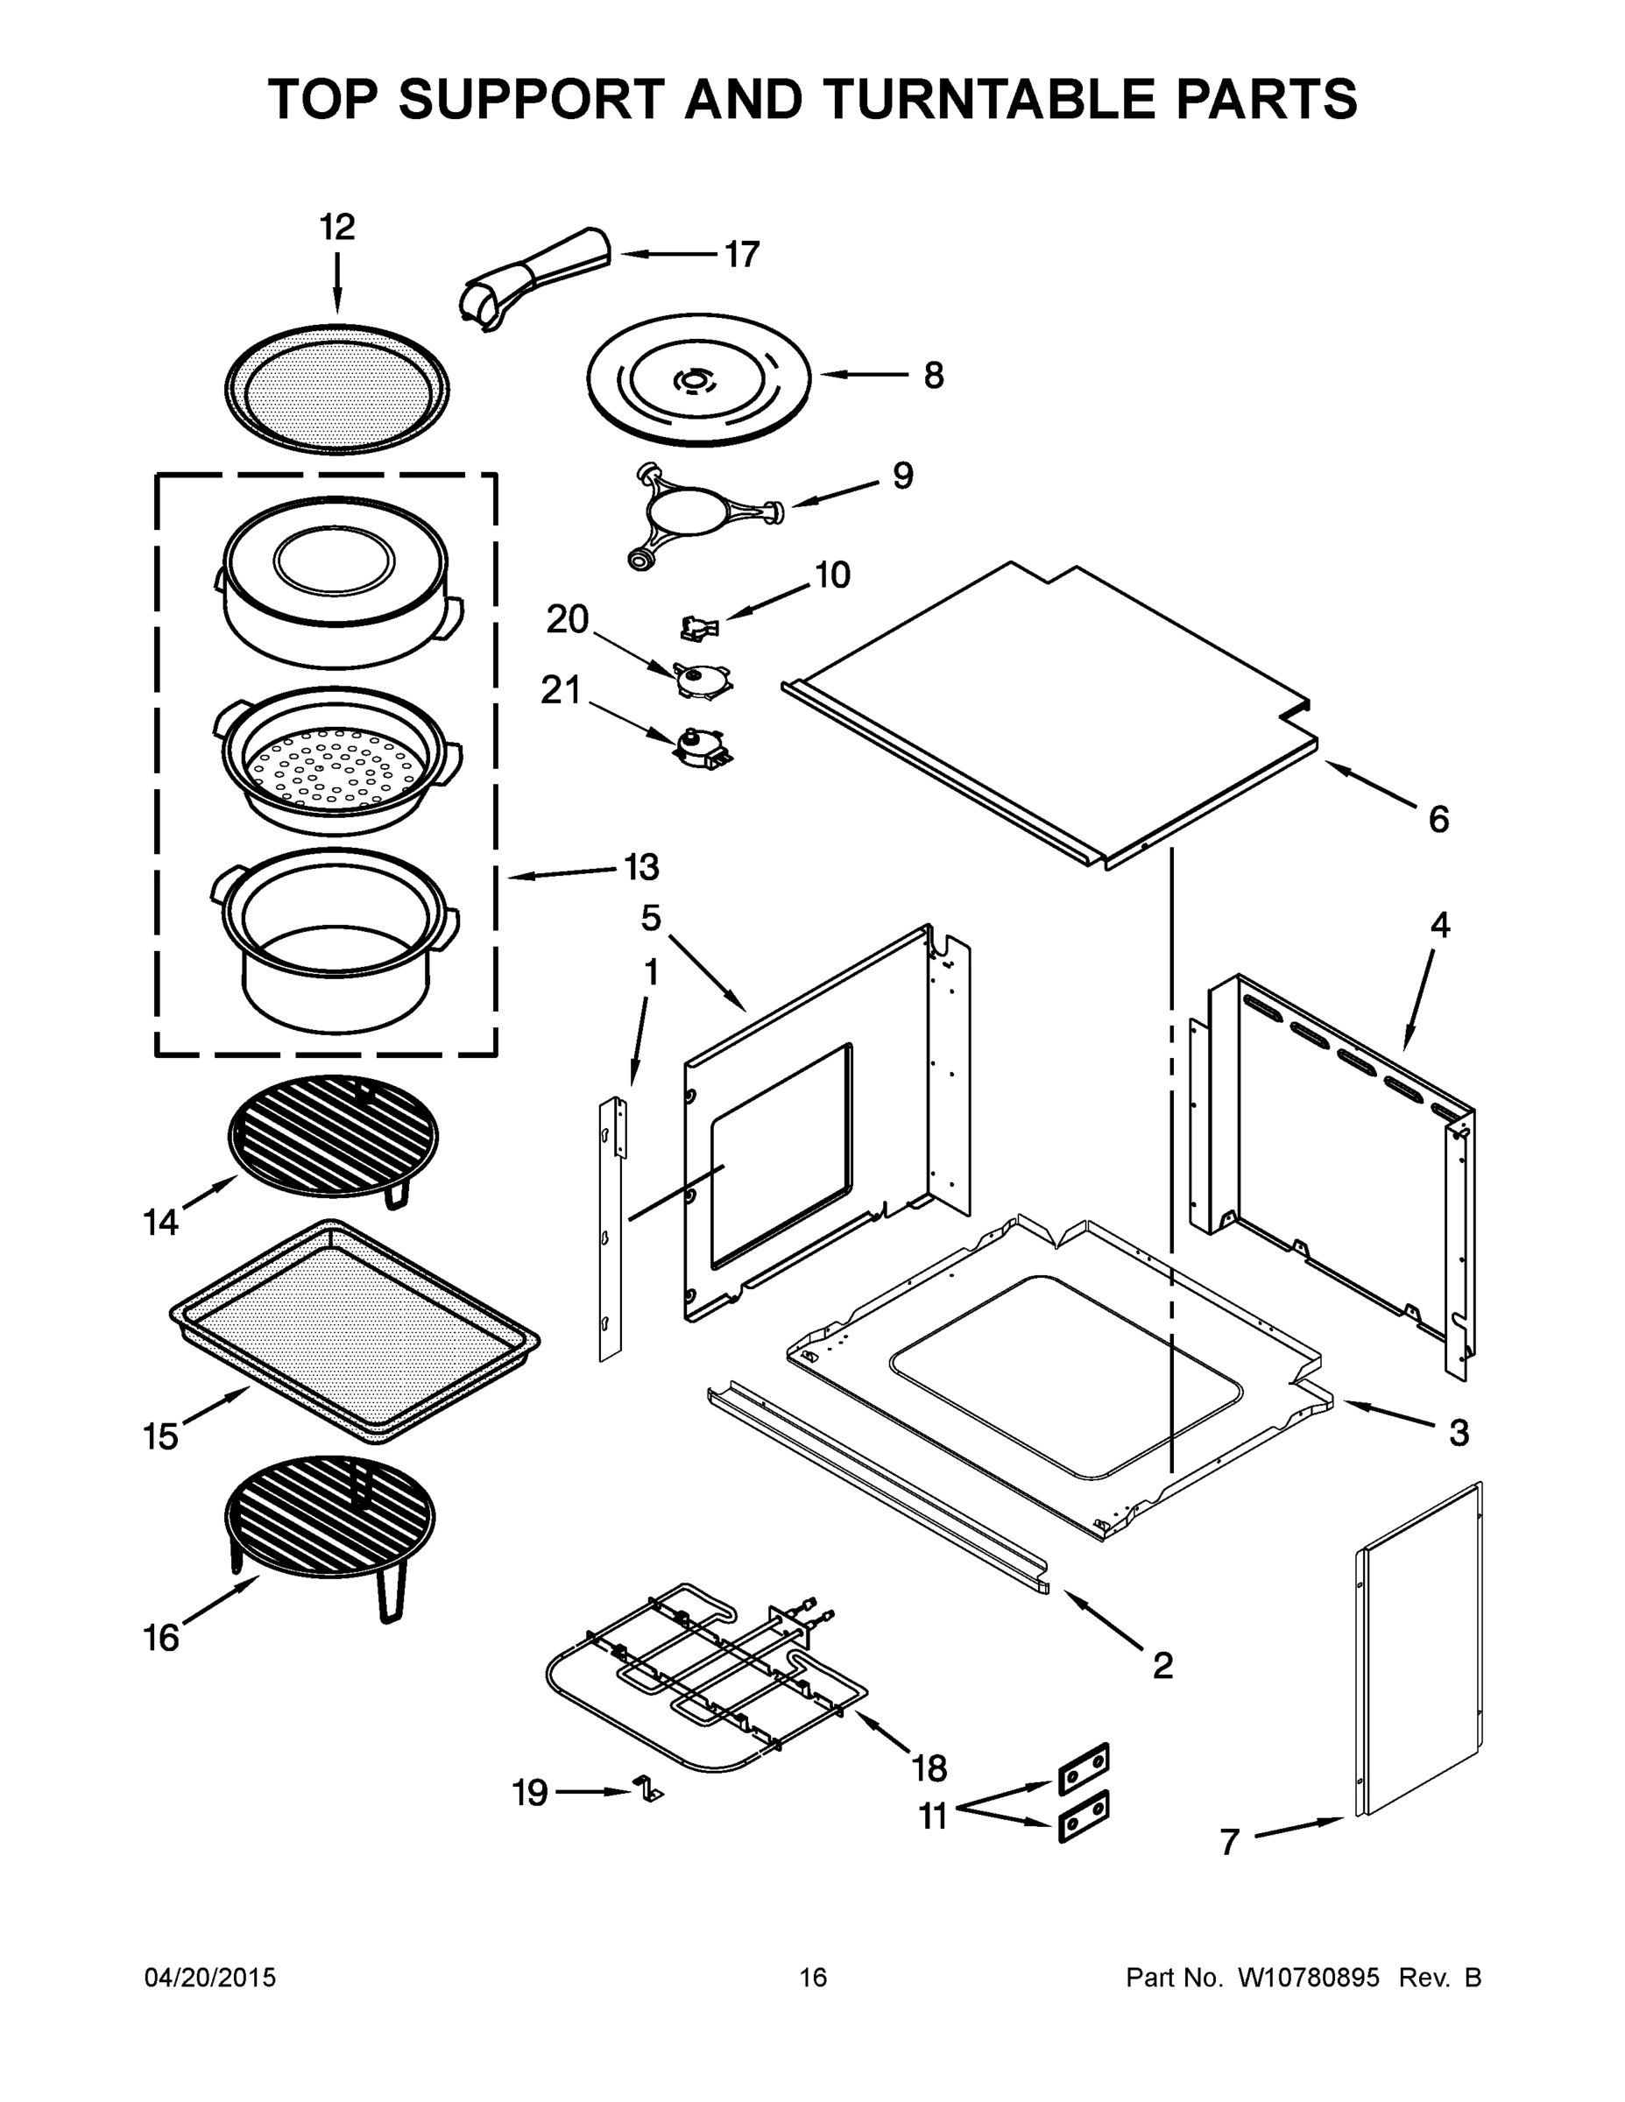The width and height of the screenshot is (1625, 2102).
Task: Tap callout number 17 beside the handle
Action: [x=741, y=255]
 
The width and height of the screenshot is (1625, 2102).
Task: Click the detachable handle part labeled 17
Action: [x=535, y=275]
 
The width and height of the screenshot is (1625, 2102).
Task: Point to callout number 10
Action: [x=833, y=575]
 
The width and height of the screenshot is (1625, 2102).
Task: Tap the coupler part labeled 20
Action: [x=702, y=680]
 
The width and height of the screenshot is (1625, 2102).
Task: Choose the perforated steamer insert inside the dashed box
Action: [x=336, y=761]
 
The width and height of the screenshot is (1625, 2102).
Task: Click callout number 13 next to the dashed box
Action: [x=641, y=867]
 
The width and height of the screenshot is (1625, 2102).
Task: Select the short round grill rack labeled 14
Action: [x=333, y=1135]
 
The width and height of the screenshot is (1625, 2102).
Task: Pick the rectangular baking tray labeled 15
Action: [x=354, y=1331]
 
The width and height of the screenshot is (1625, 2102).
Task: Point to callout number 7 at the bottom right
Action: [x=1229, y=1842]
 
